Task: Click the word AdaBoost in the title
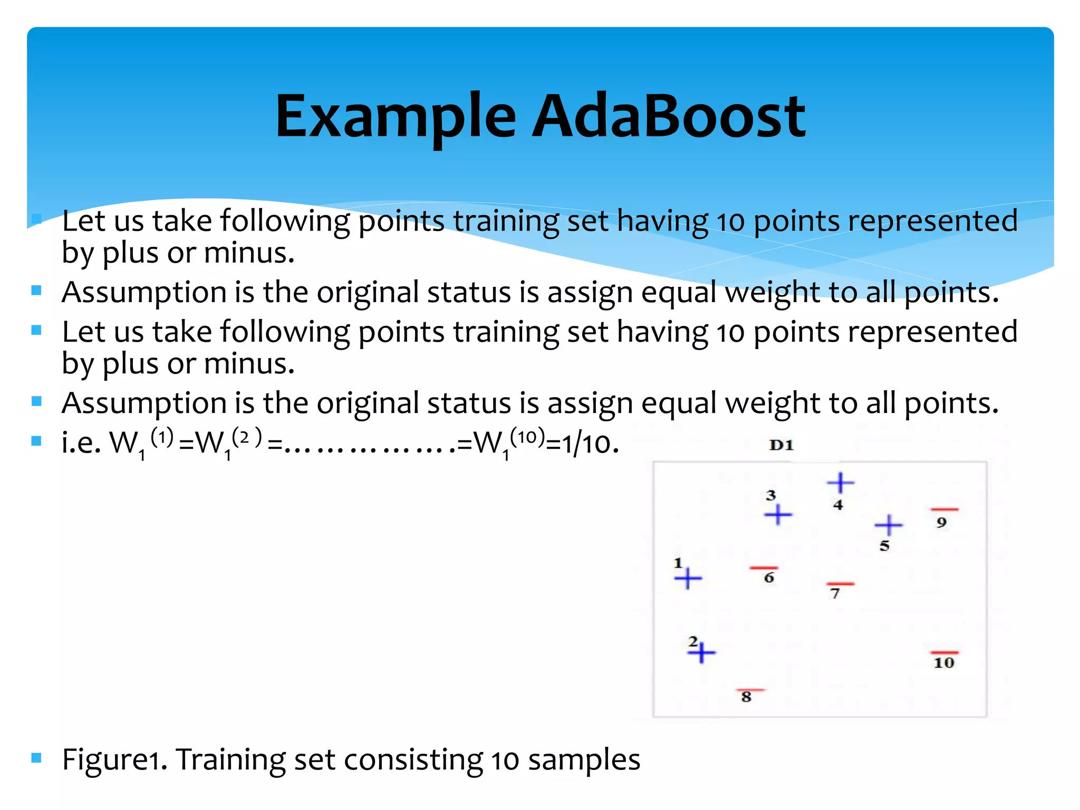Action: coord(668,116)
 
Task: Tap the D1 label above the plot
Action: coord(781,446)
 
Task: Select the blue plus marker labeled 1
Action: coord(688,578)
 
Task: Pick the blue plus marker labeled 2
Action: coord(701,653)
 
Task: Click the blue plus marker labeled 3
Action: coord(778,514)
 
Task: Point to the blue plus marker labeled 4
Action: coord(841,482)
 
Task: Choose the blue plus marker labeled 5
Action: coord(889,525)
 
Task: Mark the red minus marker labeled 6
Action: coord(764,568)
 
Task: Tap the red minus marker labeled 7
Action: coord(841,584)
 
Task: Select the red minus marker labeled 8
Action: coord(750,690)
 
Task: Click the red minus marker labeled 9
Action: coord(944,509)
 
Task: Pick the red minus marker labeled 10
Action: coord(944,653)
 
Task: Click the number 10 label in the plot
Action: coord(944,663)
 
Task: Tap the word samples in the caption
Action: coord(584,760)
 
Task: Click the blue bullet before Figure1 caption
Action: coord(36,758)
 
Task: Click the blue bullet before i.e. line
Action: coord(36,441)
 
